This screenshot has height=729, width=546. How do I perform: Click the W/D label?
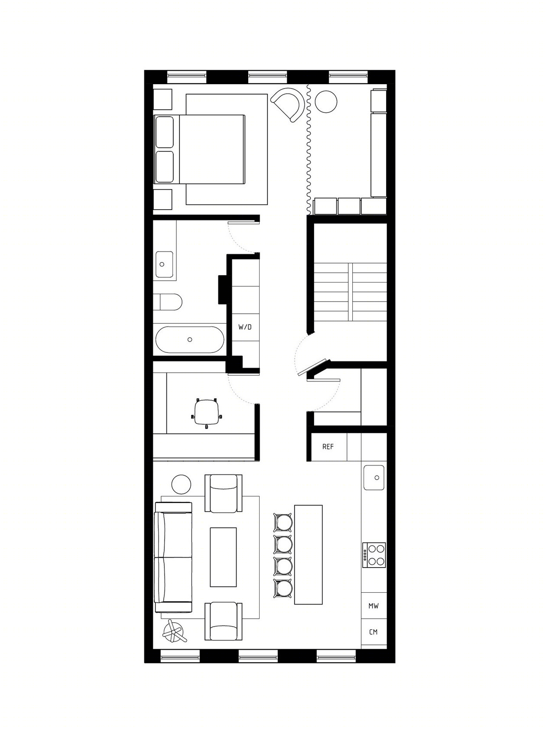[x=245, y=327]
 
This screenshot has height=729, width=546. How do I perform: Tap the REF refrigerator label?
[x=328, y=447]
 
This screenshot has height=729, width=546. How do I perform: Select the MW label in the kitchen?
[x=373, y=606]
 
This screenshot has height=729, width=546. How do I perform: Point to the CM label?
[x=373, y=632]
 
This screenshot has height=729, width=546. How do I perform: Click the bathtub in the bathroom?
[x=190, y=339]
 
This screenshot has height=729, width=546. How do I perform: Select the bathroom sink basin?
[x=164, y=264]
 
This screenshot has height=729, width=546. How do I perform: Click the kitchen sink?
[x=374, y=478]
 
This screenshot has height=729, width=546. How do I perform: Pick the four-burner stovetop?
[x=374, y=555]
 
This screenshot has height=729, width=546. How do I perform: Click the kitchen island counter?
[x=308, y=555]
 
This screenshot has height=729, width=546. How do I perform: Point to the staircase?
[x=351, y=292]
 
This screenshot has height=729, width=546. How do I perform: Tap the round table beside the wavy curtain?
[x=326, y=101]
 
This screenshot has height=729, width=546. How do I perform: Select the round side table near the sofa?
[x=181, y=485]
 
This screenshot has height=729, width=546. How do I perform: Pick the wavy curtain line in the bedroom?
[x=309, y=149]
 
